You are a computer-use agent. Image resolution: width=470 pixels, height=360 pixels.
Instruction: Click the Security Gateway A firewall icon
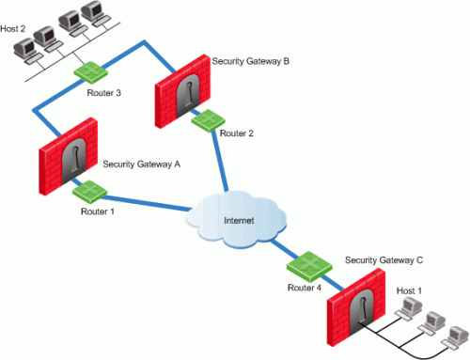(69, 156)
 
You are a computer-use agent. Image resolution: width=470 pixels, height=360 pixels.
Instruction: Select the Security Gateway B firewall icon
(182, 91)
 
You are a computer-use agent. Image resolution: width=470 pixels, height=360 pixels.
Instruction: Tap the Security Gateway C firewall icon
(356, 307)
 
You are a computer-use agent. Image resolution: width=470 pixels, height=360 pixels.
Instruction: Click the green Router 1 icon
(89, 192)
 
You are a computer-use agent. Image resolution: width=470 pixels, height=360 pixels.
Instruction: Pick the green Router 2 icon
(208, 120)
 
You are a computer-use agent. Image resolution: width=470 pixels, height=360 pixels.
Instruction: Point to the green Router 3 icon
(91, 72)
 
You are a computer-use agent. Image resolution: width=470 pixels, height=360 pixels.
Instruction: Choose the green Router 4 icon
(309, 266)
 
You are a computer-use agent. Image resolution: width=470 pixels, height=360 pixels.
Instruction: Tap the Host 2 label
(12, 29)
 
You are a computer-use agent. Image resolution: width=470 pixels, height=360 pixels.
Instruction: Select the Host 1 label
(409, 290)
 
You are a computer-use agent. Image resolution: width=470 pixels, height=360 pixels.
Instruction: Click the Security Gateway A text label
(142, 164)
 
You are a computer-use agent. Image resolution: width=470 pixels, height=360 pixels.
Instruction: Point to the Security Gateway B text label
(251, 61)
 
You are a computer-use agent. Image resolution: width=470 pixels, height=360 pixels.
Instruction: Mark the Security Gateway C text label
(384, 260)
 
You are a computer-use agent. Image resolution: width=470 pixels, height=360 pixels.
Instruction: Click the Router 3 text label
(103, 93)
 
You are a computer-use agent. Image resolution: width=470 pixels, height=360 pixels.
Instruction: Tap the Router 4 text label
(305, 288)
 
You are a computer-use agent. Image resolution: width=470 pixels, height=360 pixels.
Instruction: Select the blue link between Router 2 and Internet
(220, 161)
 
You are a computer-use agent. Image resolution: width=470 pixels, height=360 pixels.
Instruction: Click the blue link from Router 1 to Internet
(146, 203)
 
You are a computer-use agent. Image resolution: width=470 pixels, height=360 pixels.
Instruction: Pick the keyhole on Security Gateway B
(189, 94)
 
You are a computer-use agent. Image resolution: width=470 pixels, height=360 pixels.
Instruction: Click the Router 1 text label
(98, 211)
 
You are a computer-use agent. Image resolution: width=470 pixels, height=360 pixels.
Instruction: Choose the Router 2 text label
(237, 133)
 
